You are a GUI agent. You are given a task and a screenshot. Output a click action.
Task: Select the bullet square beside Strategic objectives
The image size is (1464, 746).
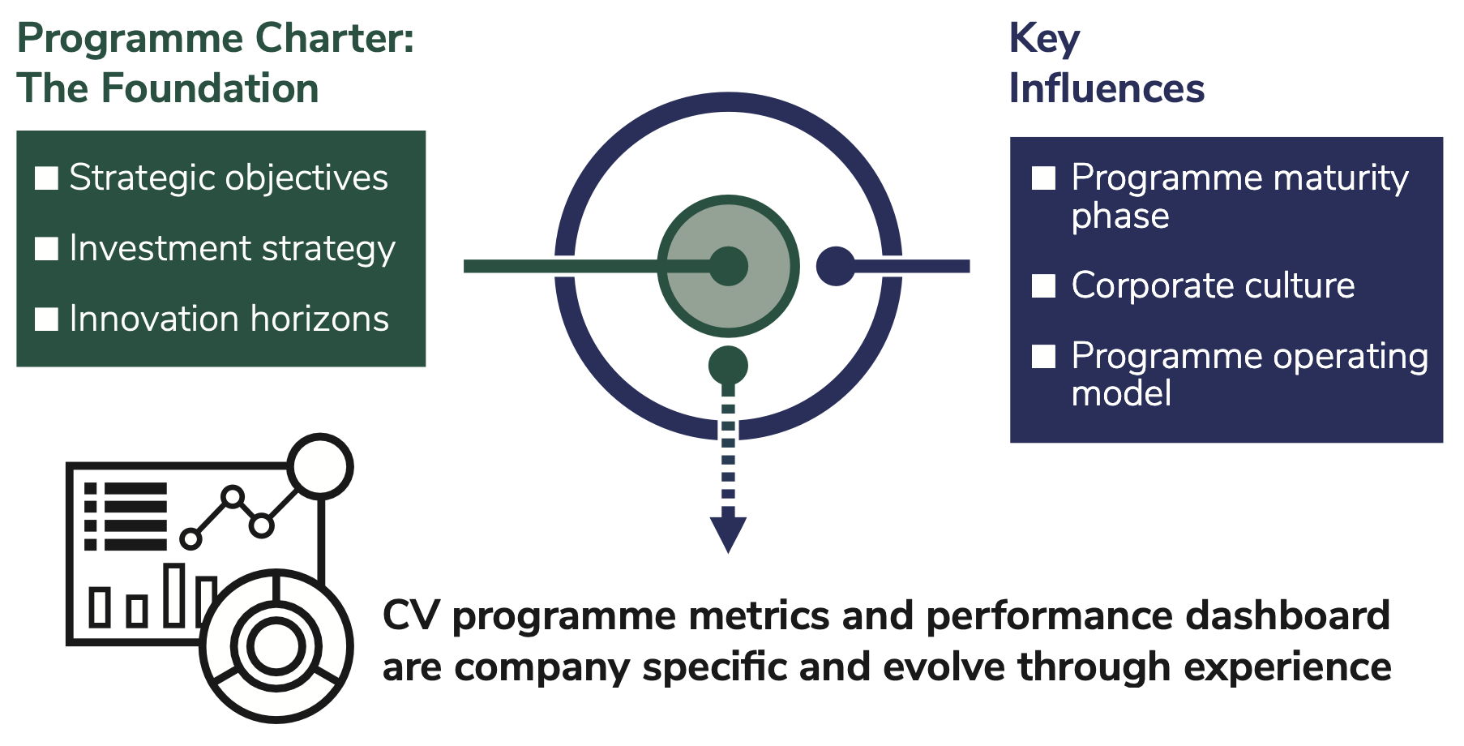pos(47,178)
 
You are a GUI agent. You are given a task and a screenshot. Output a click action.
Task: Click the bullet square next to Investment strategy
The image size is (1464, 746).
pos(47,248)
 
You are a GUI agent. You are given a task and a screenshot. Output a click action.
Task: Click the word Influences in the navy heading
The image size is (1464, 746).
pos(1107,88)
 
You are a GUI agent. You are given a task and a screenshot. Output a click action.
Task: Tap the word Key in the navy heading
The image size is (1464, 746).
pos(1044,39)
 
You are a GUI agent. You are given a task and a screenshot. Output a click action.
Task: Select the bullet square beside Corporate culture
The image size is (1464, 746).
pos(1043,285)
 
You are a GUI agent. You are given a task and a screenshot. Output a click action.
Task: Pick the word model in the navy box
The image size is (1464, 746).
pos(1121,393)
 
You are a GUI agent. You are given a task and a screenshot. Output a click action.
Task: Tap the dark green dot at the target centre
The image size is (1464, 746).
pos(728,266)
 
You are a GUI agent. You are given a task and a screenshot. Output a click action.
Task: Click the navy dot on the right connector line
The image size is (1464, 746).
pos(836,266)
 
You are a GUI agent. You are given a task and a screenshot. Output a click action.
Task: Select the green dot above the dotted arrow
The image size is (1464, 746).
pos(728,366)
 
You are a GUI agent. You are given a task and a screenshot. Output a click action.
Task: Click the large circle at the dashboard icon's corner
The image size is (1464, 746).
pos(321,465)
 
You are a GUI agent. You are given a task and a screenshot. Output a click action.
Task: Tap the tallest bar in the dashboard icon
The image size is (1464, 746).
pos(174,595)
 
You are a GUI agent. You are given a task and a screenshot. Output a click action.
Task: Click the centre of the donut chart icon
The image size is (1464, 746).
pos(276,646)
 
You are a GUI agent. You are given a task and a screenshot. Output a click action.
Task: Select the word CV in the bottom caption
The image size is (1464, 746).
pos(411,615)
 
